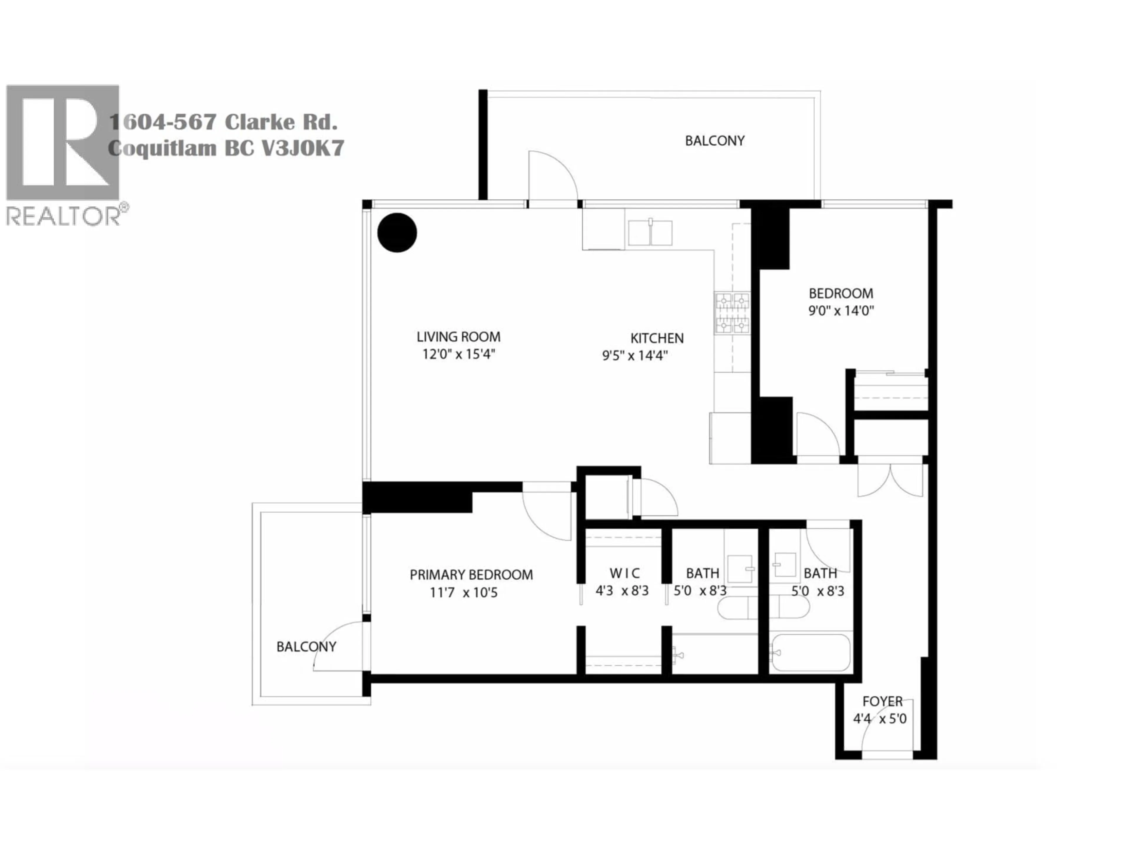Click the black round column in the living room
(x=397, y=233)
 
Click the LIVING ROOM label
(x=458, y=337)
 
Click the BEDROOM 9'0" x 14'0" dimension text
(x=841, y=311)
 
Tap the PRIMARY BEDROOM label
(x=471, y=575)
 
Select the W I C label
(x=624, y=574)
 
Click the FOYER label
(x=882, y=701)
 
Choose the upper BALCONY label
(x=715, y=140)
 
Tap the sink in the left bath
(x=740, y=568)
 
